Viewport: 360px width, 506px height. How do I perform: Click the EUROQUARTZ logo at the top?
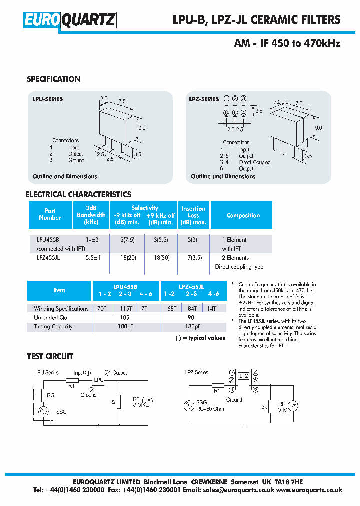click(70, 20)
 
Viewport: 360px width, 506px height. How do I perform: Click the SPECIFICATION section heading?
click(53, 79)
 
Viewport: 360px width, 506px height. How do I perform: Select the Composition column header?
click(243, 216)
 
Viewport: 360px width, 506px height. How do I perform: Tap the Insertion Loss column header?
click(193, 215)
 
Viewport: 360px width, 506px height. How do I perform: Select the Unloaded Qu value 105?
click(125, 318)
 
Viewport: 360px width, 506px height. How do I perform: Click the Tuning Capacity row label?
click(53, 327)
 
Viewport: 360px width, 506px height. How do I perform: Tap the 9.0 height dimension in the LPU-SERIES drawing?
click(142, 128)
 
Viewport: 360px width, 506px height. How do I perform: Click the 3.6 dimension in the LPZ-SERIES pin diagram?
click(258, 111)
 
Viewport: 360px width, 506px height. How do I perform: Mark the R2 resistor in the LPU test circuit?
click(118, 401)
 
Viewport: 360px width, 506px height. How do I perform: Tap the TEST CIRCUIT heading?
click(50, 356)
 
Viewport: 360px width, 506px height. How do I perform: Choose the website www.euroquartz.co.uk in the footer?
click(309, 490)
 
